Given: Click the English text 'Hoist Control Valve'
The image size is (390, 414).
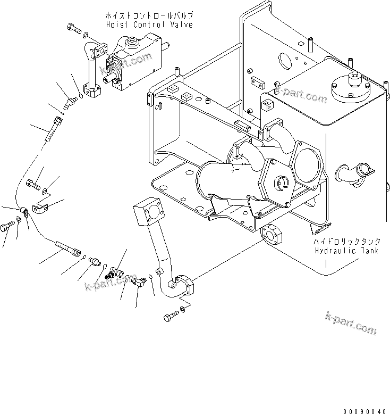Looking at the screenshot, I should tap(148, 24).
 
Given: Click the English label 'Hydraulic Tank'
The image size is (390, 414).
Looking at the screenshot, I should tap(346, 251).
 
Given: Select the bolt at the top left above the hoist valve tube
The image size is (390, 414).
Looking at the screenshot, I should tap(73, 29).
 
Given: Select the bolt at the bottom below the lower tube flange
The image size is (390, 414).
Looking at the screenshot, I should tap(169, 316).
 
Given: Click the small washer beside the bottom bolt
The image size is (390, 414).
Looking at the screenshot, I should tap(183, 309).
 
